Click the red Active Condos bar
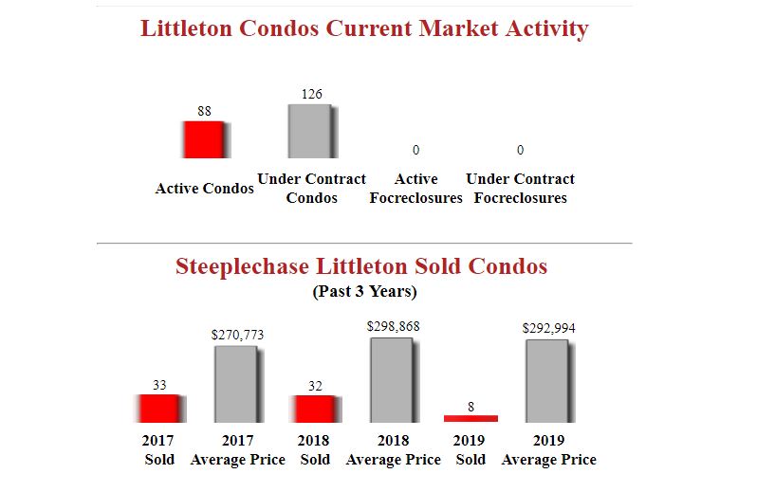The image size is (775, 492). (203, 139)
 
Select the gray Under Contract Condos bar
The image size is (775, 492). (310, 131)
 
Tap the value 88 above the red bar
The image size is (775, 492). (204, 111)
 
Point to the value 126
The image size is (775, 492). (311, 94)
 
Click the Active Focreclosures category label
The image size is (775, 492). (415, 189)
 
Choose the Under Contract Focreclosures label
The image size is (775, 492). (520, 189)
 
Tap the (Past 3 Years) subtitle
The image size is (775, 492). (364, 291)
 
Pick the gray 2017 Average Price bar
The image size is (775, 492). (235, 384)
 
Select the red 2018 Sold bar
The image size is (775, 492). (314, 409)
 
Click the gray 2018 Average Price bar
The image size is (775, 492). (392, 380)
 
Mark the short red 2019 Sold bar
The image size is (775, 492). (471, 418)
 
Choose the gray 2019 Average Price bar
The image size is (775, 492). (547, 381)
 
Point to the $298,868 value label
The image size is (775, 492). (393, 326)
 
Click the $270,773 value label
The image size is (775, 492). (236, 335)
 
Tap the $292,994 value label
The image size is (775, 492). (548, 328)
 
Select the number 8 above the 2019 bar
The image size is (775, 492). (471, 407)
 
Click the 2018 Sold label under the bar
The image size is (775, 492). (314, 450)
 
